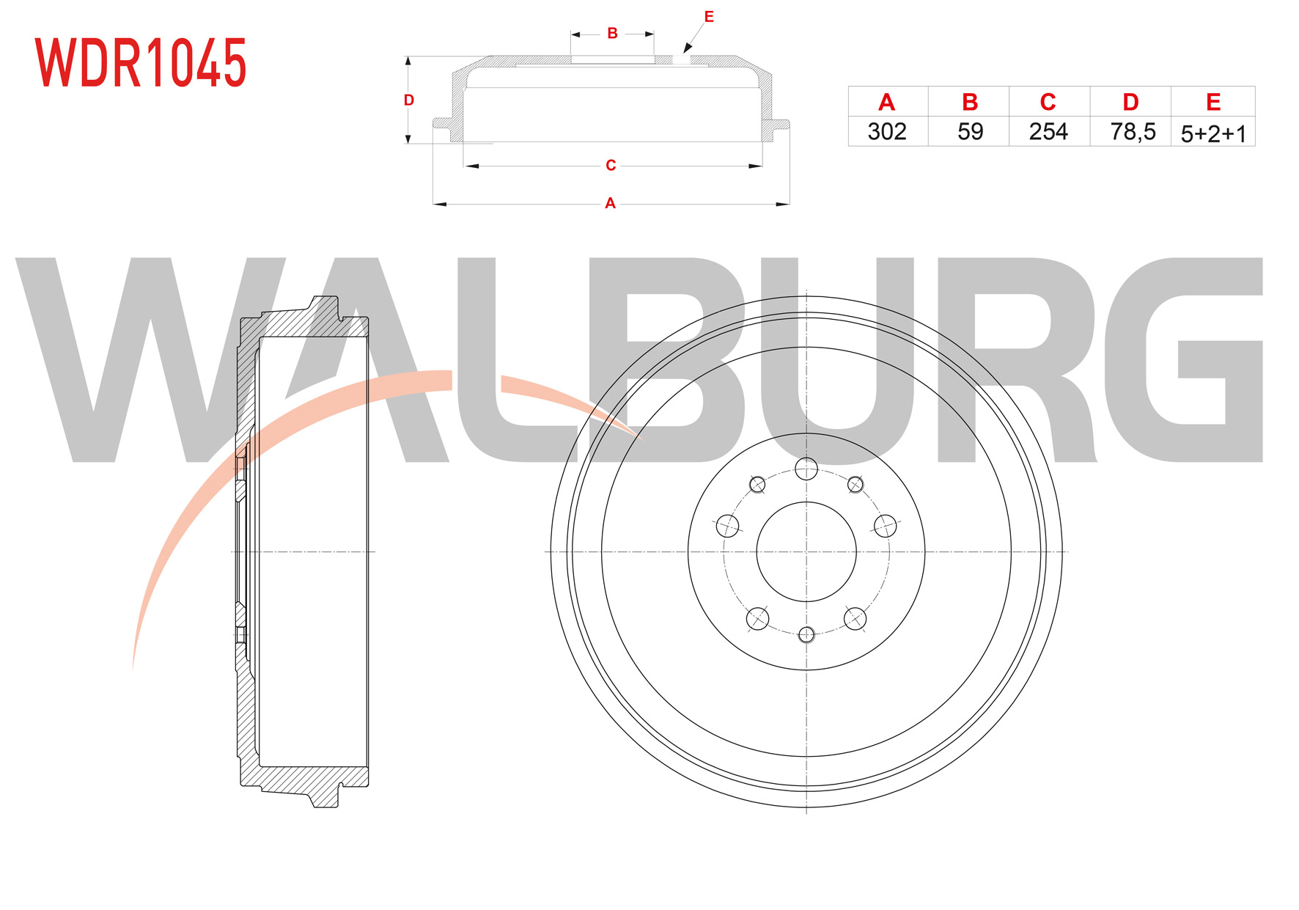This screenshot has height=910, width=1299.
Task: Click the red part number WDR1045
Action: pos(141,63)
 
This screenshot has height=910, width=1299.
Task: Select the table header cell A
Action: pos(886,103)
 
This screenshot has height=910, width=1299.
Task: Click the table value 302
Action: pos(887,131)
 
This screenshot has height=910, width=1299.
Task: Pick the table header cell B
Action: pos(969,103)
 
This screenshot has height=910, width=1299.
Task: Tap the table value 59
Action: pos(970,131)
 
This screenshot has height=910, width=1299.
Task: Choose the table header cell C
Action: pos(1048,103)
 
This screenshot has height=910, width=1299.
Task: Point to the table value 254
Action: pos(1048,131)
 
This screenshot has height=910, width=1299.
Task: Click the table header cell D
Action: pos(1130,103)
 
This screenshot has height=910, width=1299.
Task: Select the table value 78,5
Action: pos(1133,132)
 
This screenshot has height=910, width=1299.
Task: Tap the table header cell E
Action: pos(1213,103)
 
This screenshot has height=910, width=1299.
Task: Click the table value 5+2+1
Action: pos(1213,133)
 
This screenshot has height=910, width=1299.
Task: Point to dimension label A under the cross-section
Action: pos(610,203)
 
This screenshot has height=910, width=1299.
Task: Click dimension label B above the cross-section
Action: pos(612,33)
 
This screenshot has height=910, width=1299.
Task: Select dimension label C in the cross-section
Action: pos(611,166)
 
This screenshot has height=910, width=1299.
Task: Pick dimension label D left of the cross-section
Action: pos(409,100)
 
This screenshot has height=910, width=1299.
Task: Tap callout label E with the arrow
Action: pos(709,16)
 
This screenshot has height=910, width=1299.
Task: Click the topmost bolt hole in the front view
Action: pos(806,469)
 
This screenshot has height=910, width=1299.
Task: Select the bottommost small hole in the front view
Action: pos(806,635)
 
